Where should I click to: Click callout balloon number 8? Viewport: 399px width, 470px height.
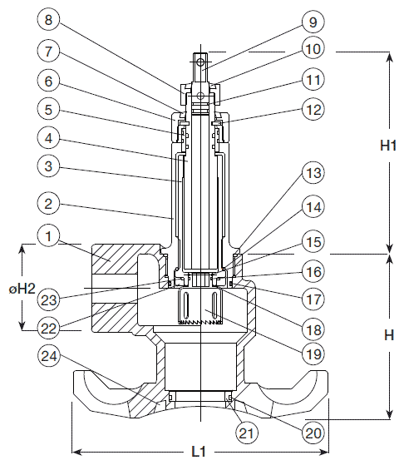[48, 20]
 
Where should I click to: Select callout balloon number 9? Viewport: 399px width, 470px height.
[313, 22]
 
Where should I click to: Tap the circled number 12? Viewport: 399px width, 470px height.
[313, 109]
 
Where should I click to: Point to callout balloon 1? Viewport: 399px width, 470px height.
[48, 236]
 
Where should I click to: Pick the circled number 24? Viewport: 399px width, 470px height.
[48, 357]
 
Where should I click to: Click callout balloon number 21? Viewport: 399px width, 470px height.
[247, 433]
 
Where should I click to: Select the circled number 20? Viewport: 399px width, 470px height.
[313, 433]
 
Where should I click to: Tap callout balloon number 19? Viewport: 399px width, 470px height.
[313, 354]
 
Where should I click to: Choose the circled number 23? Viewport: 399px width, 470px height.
[48, 299]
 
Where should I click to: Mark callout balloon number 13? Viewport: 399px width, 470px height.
[313, 173]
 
